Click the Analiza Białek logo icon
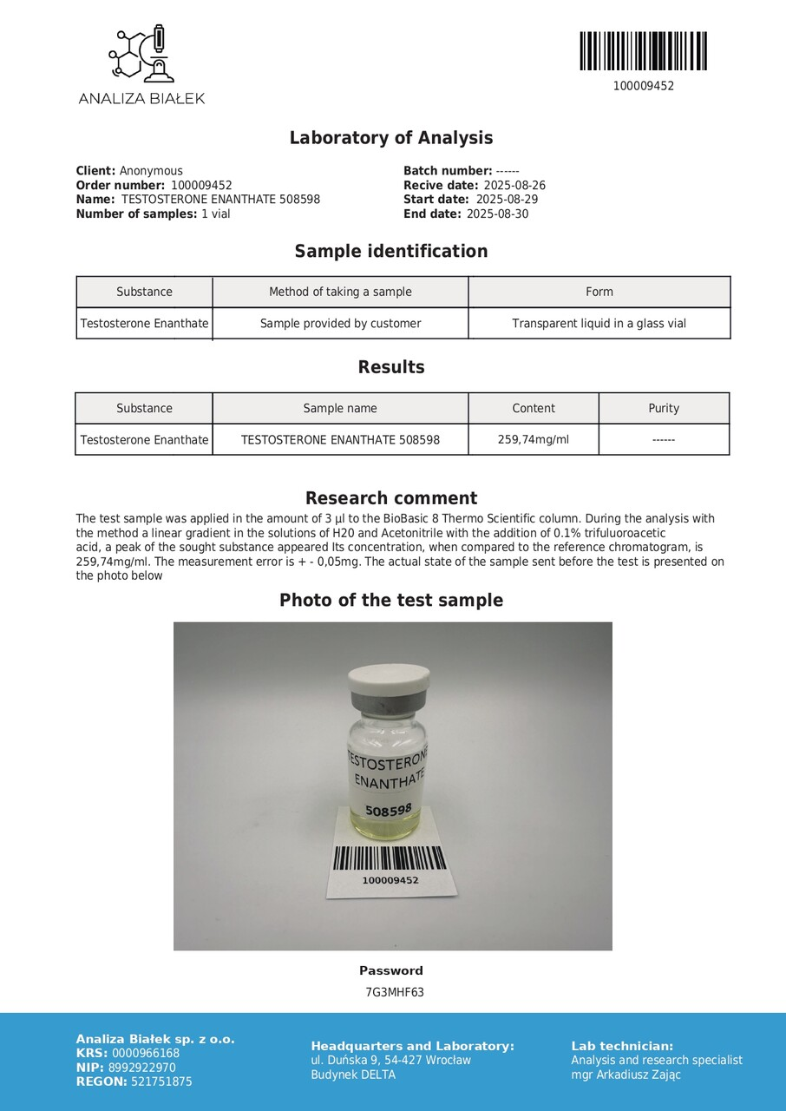[141, 54]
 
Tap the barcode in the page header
[643, 51]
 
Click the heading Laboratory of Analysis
[391, 138]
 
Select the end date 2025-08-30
[497, 214]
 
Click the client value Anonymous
[151, 171]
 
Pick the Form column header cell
[599, 292]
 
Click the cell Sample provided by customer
[340, 324]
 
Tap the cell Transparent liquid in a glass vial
[599, 324]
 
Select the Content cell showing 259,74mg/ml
[533, 439]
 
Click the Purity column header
[664, 408]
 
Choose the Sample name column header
[340, 408]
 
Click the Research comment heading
[391, 498]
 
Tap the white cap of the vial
[389, 678]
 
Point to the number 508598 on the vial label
[388, 810]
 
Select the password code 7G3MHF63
[395, 993]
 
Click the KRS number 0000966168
[146, 1054]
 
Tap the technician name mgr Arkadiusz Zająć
[626, 1075]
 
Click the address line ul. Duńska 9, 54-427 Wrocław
[390, 1060]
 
